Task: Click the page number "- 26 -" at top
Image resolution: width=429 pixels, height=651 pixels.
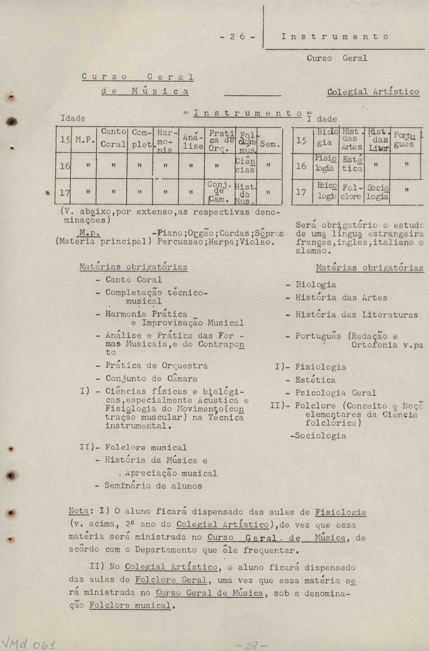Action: click(238, 37)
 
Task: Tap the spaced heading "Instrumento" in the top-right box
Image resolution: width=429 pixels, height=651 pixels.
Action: click(335, 37)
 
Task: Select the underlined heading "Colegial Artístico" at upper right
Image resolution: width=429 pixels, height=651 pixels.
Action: click(373, 92)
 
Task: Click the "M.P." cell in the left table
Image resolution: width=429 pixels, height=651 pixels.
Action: click(84, 141)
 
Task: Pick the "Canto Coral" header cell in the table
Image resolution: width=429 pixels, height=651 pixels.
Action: click(113, 138)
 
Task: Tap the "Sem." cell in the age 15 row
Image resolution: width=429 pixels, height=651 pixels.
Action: click(270, 144)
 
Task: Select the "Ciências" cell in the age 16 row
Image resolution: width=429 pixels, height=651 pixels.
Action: click(245, 166)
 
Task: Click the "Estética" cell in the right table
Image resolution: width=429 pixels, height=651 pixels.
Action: click(351, 164)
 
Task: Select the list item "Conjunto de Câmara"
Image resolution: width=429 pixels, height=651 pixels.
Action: click(151, 379)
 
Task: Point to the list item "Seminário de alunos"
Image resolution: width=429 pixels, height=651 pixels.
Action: click(153, 486)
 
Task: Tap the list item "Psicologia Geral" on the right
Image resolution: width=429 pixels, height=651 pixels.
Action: click(335, 393)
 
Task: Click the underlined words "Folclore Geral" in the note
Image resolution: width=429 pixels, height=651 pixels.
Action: click(171, 580)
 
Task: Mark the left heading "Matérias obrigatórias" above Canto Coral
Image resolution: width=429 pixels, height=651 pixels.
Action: click(133, 267)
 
